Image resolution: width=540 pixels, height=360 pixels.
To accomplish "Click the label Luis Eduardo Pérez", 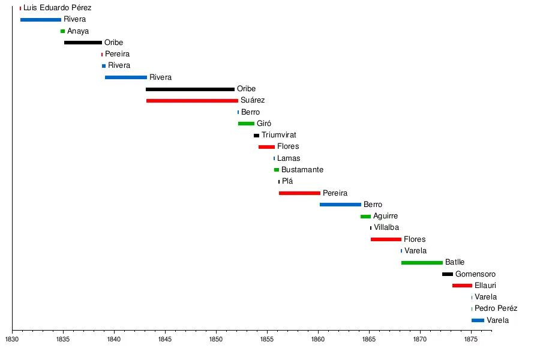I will click(x=57, y=8).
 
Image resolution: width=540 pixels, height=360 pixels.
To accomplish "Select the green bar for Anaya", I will click(x=62, y=31).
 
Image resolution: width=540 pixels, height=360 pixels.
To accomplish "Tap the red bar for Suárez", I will click(x=192, y=101).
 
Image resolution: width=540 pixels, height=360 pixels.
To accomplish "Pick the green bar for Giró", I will click(x=246, y=124).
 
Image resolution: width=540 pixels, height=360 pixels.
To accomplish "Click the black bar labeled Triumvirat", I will click(x=256, y=136).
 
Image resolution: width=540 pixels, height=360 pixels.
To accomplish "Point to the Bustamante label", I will click(x=302, y=170).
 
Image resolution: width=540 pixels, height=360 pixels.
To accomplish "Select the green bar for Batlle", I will click(x=422, y=263).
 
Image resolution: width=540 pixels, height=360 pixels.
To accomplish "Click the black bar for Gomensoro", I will click(x=448, y=274).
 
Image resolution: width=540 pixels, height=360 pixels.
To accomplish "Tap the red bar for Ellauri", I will click(x=462, y=286).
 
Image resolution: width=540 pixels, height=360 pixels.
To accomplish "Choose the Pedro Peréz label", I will click(x=496, y=308).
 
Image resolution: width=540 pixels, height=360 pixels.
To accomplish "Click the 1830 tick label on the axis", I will click(x=12, y=339).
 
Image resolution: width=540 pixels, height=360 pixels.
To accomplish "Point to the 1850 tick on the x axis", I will click(x=216, y=339).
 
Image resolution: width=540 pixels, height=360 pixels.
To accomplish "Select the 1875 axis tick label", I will click(x=471, y=339).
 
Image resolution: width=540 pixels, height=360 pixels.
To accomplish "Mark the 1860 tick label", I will click(x=318, y=339).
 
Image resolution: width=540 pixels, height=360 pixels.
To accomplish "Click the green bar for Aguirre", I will click(x=365, y=217).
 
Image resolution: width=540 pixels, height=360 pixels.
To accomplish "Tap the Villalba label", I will click(x=386, y=227).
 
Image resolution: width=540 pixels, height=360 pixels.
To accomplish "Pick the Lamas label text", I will click(x=289, y=158).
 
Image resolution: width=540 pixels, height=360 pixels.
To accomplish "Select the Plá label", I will click(x=287, y=181).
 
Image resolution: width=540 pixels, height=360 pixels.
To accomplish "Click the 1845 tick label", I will click(x=165, y=339).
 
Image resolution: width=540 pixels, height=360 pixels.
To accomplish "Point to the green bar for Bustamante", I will click(x=277, y=170).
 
